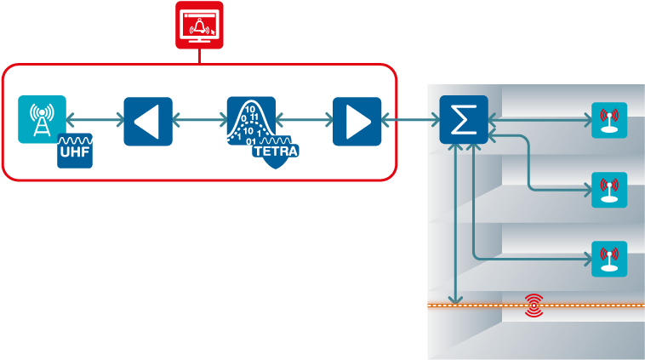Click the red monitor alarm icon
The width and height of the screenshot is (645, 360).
(199, 24)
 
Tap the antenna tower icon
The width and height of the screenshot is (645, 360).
(41, 119)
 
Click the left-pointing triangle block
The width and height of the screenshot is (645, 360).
(147, 122)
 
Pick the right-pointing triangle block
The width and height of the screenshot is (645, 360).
(357, 122)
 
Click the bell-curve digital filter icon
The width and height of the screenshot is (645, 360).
(250, 120)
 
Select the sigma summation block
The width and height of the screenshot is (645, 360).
(463, 120)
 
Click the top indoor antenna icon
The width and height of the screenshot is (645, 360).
(608, 121)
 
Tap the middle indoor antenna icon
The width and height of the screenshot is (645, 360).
(608, 190)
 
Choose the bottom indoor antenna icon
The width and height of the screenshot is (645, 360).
(608, 259)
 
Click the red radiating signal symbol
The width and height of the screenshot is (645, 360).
(534, 304)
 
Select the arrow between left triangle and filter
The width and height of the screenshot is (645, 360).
(199, 122)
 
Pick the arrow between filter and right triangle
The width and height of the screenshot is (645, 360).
(305, 122)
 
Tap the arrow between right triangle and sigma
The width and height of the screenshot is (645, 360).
(410, 122)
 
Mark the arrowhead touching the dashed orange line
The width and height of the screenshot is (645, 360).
(457, 299)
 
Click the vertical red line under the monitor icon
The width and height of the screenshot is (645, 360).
(199, 55)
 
